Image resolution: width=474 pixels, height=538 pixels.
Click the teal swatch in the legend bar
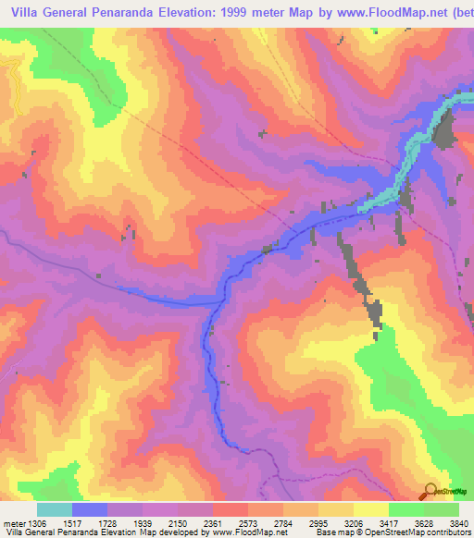tap(55, 509)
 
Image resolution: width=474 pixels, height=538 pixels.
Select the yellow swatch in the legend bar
tap(370, 509)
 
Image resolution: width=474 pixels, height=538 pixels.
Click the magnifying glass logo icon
tap(429, 491)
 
